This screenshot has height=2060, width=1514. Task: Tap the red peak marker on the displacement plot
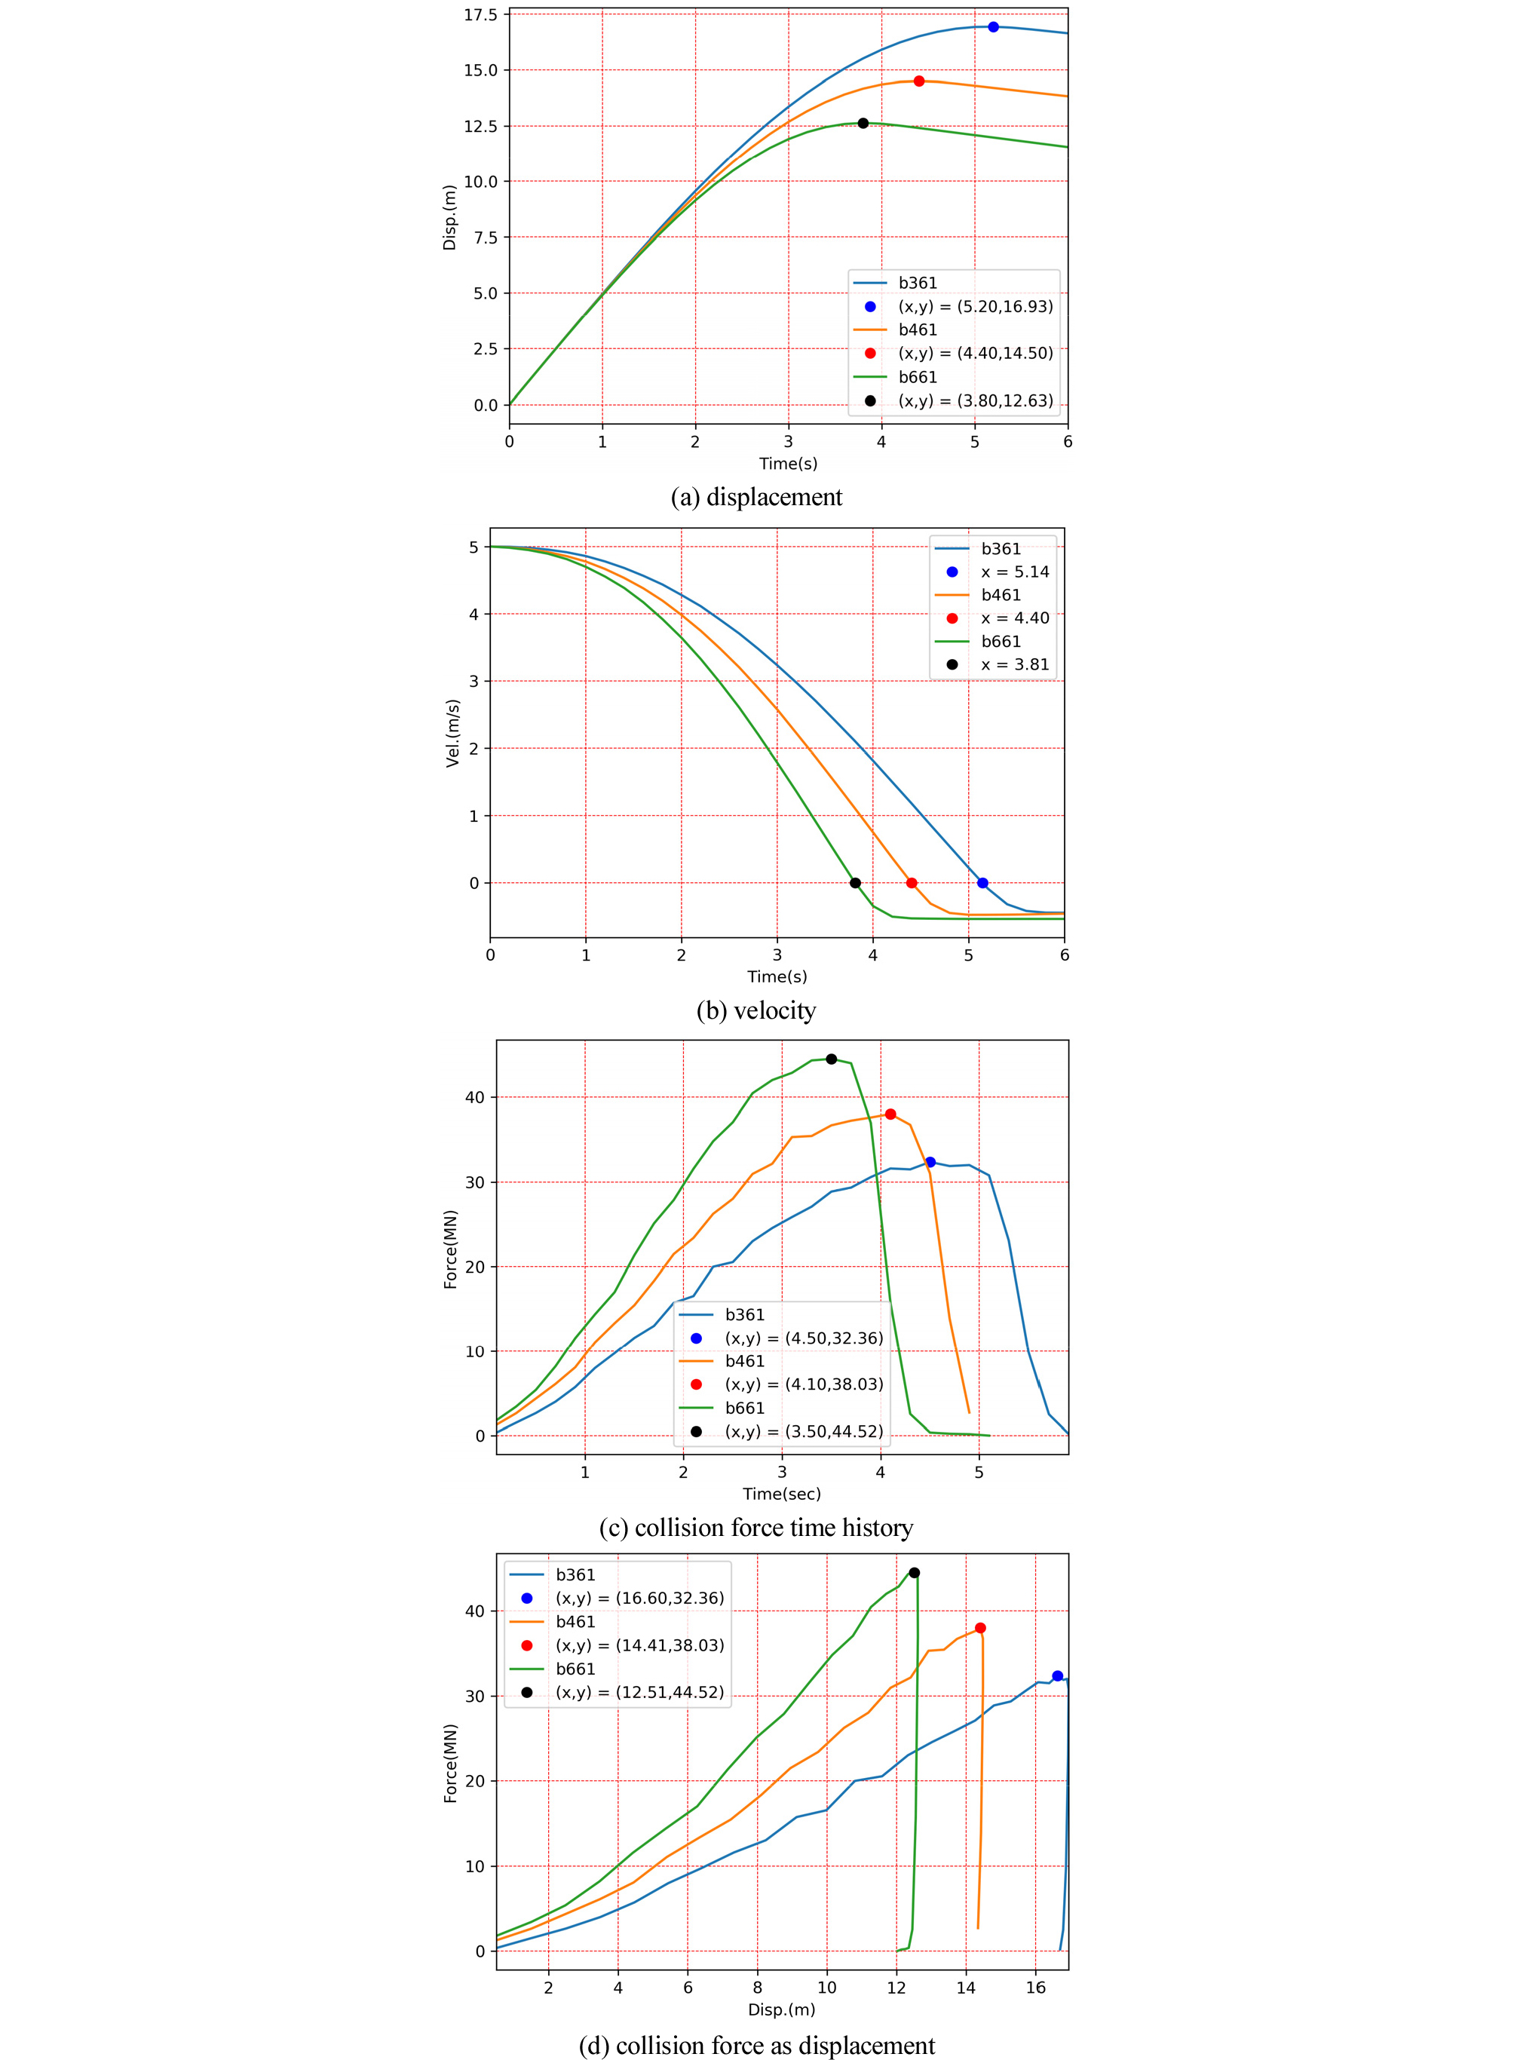pos(919,81)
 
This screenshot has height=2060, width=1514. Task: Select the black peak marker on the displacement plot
pos(863,123)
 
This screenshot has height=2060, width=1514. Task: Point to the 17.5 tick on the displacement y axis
pos(480,14)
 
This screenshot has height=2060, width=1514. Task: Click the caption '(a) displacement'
pos(756,497)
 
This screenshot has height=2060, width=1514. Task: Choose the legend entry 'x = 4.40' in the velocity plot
pos(1015,618)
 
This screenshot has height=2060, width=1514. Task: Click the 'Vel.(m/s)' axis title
pos(452,733)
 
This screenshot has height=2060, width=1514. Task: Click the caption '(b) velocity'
pos(756,1010)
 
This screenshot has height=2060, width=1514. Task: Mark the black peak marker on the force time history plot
pos(831,1059)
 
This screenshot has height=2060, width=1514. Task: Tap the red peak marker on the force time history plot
pos(890,1114)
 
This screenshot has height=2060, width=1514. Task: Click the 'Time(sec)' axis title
pos(782,1494)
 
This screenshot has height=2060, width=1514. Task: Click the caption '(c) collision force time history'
pos(756,1528)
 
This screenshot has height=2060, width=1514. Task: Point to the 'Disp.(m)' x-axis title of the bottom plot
pos(782,2009)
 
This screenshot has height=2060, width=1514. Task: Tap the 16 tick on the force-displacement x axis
pos(1036,1988)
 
